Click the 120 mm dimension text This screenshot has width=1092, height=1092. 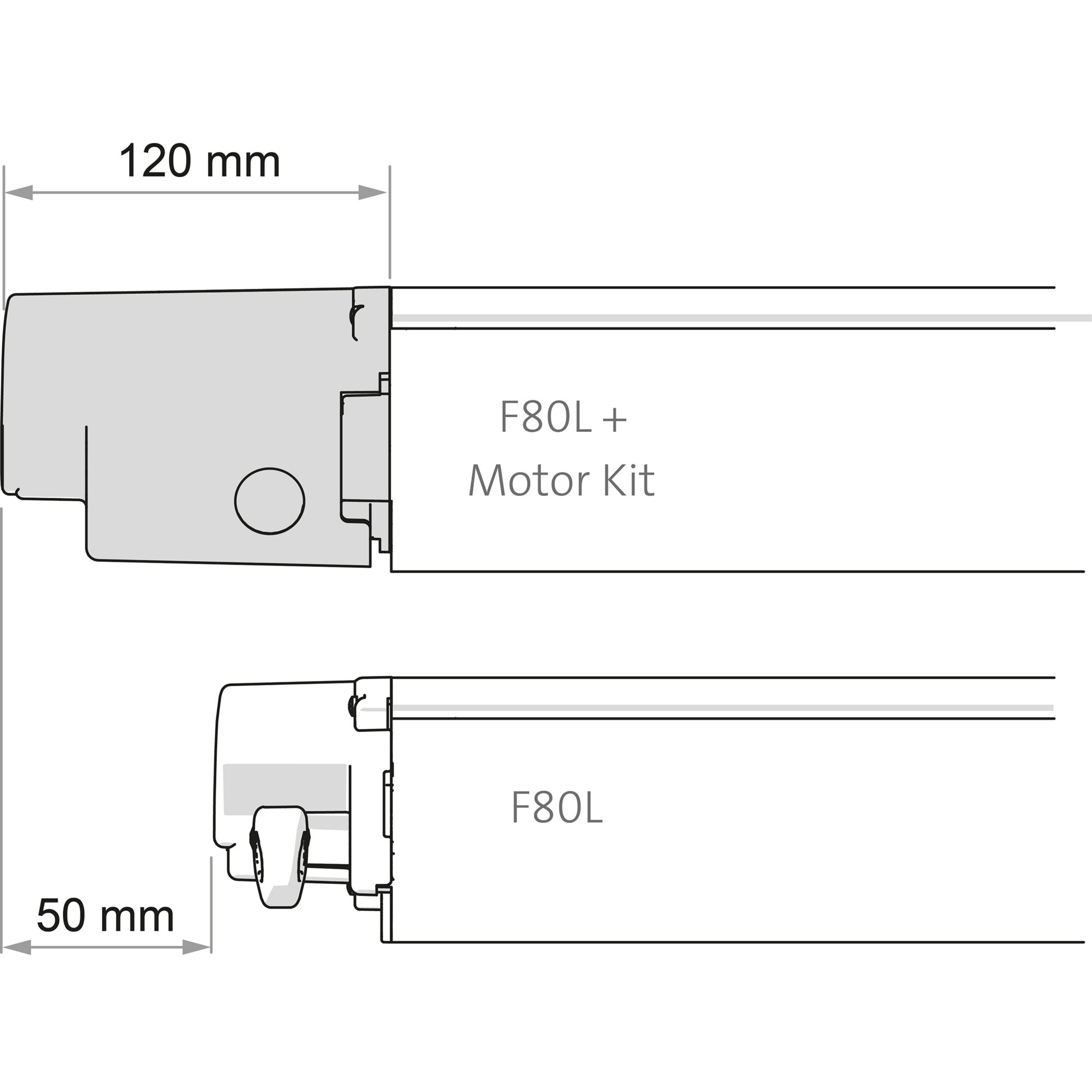pos(199,162)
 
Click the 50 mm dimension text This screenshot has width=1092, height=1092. pos(105,916)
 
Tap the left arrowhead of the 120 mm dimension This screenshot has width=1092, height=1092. pos(18,193)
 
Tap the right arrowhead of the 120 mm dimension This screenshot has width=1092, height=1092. pos(372,193)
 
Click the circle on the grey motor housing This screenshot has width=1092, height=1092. pos(270,501)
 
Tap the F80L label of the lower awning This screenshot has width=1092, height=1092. pos(557,808)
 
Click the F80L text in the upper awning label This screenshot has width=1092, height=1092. pos(545,418)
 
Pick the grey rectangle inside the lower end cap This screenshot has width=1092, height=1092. pos(284,788)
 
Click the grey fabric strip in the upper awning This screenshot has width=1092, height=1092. pos(735,318)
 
